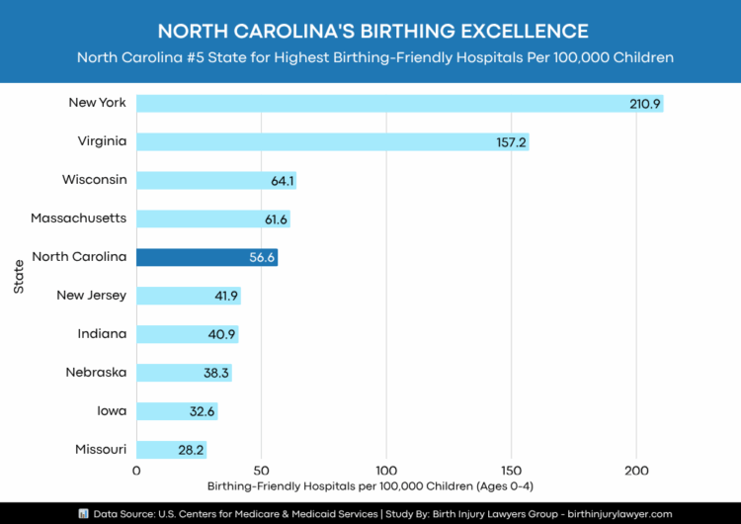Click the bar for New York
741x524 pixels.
click(x=395, y=104)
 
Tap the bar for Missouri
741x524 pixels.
click(x=170, y=450)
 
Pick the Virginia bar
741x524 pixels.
click(x=331, y=141)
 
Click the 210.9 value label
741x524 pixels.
click(x=645, y=104)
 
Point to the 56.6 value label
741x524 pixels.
click(x=260, y=257)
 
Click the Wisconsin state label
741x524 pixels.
click(x=94, y=180)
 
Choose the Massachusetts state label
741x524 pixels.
click(x=78, y=218)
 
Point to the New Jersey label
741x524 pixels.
click(x=91, y=295)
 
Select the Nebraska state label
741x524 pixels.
click(x=96, y=372)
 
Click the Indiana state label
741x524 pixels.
click(x=102, y=333)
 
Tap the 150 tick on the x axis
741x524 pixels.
click(x=511, y=471)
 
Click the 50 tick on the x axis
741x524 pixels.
click(x=261, y=471)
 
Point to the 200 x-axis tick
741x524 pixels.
click(x=636, y=471)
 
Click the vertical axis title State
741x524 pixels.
click(x=20, y=275)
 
